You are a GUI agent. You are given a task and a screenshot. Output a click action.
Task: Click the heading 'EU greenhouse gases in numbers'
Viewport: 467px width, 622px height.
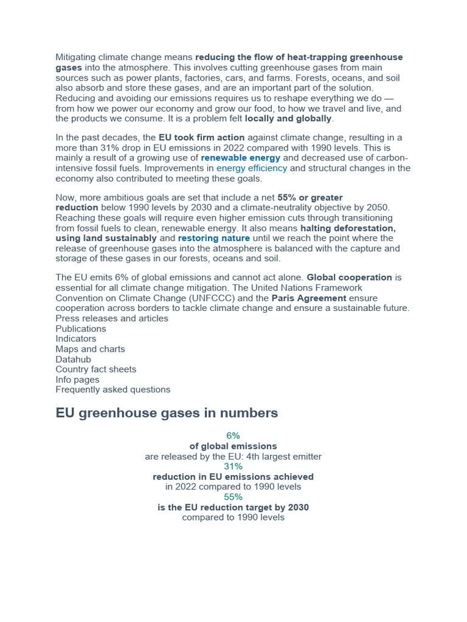tap(167, 413)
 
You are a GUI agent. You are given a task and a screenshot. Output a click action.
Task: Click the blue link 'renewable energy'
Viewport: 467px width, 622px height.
tap(240, 158)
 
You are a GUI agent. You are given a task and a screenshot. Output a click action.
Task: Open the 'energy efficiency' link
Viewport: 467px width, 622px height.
tap(252, 168)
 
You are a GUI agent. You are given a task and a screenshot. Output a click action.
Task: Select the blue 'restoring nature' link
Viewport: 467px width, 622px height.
tap(213, 238)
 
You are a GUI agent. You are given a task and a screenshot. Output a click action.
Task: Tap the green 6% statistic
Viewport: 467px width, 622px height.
tap(233, 436)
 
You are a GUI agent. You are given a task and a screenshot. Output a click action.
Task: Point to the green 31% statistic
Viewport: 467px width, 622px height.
tap(233, 466)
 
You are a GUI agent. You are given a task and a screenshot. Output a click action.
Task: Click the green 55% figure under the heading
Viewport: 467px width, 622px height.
tap(233, 497)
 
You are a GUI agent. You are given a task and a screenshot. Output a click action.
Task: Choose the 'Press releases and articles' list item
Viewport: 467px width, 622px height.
tap(112, 318)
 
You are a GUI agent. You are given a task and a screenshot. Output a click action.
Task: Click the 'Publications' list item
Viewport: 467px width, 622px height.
tap(81, 329)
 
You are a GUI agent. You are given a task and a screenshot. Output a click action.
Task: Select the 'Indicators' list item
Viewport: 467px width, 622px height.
tap(75, 338)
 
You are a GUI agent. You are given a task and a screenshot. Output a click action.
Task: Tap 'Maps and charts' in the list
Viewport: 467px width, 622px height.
tap(90, 349)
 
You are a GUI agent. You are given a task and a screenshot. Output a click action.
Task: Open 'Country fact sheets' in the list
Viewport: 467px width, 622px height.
tap(95, 369)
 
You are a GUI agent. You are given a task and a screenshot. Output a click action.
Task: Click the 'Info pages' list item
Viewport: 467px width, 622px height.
tap(77, 380)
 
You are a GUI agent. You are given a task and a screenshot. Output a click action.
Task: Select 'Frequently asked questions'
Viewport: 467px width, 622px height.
tap(112, 389)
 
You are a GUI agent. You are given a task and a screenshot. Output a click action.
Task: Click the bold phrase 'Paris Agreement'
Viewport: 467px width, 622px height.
tap(308, 298)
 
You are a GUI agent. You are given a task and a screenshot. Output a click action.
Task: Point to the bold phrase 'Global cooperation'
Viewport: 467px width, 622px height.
tap(349, 278)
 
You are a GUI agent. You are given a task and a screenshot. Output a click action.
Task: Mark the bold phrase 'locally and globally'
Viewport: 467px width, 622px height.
tap(288, 118)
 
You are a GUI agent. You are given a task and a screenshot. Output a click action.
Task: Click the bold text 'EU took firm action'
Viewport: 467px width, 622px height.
tap(201, 138)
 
